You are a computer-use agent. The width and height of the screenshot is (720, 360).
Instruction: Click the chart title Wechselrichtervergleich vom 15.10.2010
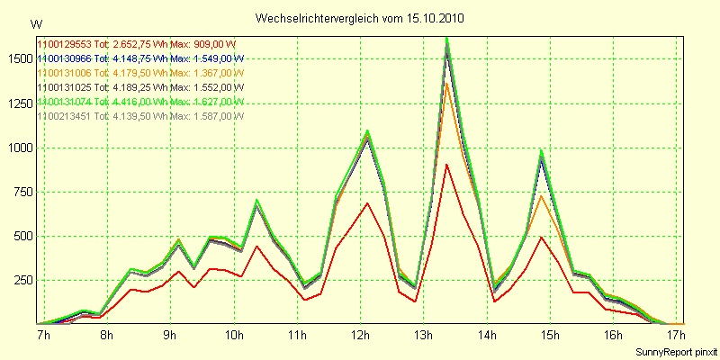[x=359, y=19]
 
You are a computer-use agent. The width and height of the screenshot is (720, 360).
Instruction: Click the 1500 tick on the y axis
[x=17, y=58]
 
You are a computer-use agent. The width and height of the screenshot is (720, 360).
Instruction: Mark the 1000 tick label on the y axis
[x=17, y=148]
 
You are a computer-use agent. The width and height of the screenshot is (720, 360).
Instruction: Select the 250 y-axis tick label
[x=20, y=281]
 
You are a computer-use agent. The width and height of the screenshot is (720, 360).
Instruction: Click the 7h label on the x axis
[x=43, y=336]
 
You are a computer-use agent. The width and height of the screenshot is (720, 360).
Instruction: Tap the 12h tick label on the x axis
[x=362, y=336]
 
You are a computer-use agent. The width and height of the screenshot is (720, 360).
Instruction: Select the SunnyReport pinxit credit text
[x=674, y=350]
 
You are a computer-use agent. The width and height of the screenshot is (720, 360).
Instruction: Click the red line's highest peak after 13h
[x=446, y=164]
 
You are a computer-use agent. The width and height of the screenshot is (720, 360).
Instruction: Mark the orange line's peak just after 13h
[x=446, y=84]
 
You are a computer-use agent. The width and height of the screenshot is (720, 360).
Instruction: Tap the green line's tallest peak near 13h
[x=446, y=39]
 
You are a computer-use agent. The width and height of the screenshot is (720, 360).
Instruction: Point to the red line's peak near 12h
[x=367, y=203]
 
